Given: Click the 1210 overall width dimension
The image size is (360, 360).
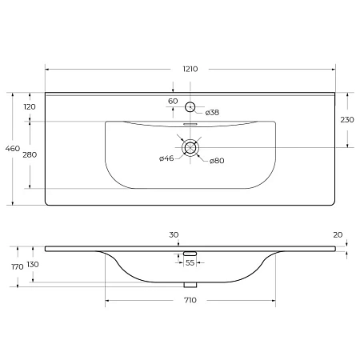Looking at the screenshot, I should pyautogui.click(x=190, y=70).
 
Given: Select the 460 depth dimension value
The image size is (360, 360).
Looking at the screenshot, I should pyautogui.click(x=13, y=148).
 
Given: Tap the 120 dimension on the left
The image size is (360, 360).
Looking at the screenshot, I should pyautogui.click(x=30, y=106).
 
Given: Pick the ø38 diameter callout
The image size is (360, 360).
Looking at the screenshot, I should pyautogui.click(x=212, y=112).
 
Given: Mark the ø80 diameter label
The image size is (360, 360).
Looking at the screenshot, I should pyautogui.click(x=216, y=161).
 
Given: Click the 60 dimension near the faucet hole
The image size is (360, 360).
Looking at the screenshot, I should pyautogui.click(x=173, y=101).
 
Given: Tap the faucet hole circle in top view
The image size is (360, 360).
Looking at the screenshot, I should pyautogui.click(x=190, y=106).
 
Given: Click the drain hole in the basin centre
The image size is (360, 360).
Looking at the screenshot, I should pyautogui.click(x=190, y=147).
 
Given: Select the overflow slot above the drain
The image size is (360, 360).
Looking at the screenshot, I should pyautogui.click(x=190, y=125).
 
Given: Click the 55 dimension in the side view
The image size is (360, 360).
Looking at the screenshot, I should pyautogui.click(x=190, y=262).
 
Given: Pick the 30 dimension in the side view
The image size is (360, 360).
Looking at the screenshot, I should pyautogui.click(x=174, y=234).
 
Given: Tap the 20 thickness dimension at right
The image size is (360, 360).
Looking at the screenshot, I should pyautogui.click(x=338, y=234).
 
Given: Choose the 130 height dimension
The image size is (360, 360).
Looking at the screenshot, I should pyautogui.click(x=33, y=264).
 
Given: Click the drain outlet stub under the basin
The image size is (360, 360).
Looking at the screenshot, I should pyautogui.click(x=190, y=284).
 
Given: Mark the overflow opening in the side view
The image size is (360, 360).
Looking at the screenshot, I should pyautogui.click(x=190, y=254).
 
